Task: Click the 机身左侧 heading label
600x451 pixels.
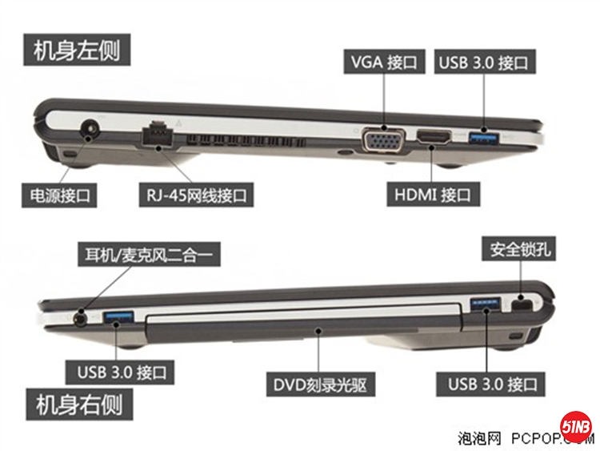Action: [78, 50]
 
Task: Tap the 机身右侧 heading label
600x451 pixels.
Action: [78, 404]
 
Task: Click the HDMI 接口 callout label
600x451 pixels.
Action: [432, 193]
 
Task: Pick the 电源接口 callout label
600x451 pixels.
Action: [60, 193]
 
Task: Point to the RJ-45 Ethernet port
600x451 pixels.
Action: [158, 133]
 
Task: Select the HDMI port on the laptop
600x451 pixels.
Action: [434, 139]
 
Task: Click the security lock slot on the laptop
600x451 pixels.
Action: [521, 305]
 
